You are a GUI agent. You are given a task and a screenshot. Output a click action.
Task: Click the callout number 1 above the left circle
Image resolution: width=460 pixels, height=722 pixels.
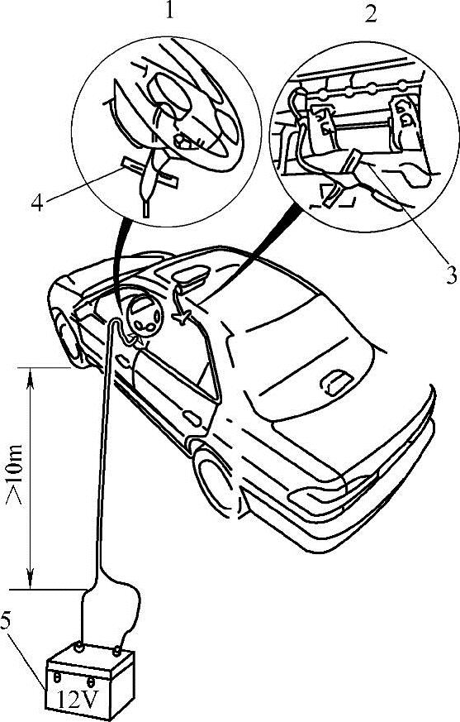click(x=170, y=10)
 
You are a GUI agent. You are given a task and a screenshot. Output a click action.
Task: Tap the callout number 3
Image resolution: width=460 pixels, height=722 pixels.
click(x=451, y=275)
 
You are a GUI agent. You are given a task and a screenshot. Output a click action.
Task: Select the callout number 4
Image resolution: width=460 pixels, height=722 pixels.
click(x=37, y=202)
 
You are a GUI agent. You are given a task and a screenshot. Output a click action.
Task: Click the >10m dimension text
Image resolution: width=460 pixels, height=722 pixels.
click(x=15, y=474)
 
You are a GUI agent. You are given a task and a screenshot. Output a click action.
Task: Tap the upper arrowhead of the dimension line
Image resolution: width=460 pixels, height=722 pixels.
click(x=31, y=378)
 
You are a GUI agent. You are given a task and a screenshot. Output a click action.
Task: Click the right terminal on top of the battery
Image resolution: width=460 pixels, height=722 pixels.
click(x=118, y=651)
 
